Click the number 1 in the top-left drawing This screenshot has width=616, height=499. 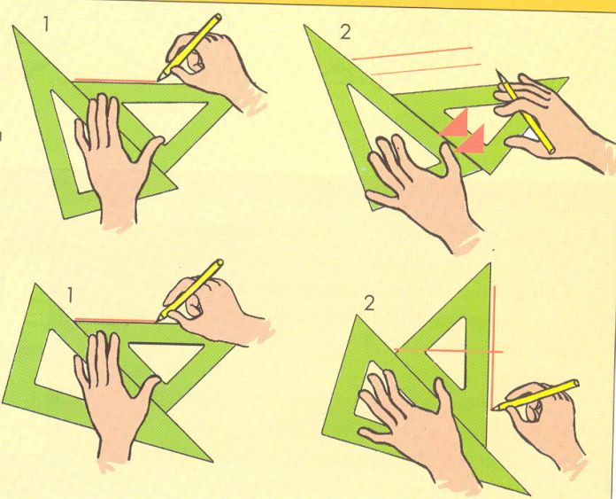pyautogui.click(x=46, y=24)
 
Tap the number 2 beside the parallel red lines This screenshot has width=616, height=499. pyautogui.click(x=345, y=32)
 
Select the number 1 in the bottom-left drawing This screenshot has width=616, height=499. pyautogui.click(x=70, y=295)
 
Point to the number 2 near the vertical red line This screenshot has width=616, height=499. pyautogui.click(x=369, y=303)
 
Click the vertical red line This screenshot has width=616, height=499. pyautogui.click(x=494, y=347)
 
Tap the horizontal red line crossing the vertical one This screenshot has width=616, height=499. pyautogui.click(x=448, y=350)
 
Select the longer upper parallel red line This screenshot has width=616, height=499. pyautogui.click(x=412, y=53)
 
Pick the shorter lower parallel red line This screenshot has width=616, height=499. pyautogui.click(x=427, y=69)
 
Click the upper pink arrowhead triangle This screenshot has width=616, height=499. pyautogui.click(x=456, y=124)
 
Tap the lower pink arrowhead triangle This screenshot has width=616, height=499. pyautogui.click(x=473, y=141)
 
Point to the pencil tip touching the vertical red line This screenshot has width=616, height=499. pyautogui.click(x=494, y=409)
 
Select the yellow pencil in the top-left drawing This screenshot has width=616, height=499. pyautogui.click(x=189, y=47)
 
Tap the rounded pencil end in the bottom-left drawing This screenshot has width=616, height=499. pyautogui.click(x=219, y=263)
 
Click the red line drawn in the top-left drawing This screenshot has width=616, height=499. pyautogui.click(x=115, y=81)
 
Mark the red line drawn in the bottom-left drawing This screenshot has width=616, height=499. pyautogui.click(x=115, y=320)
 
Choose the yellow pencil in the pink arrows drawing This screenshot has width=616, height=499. pyautogui.click(x=525, y=112)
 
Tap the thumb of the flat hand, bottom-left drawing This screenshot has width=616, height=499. pyautogui.click(x=150, y=389)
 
